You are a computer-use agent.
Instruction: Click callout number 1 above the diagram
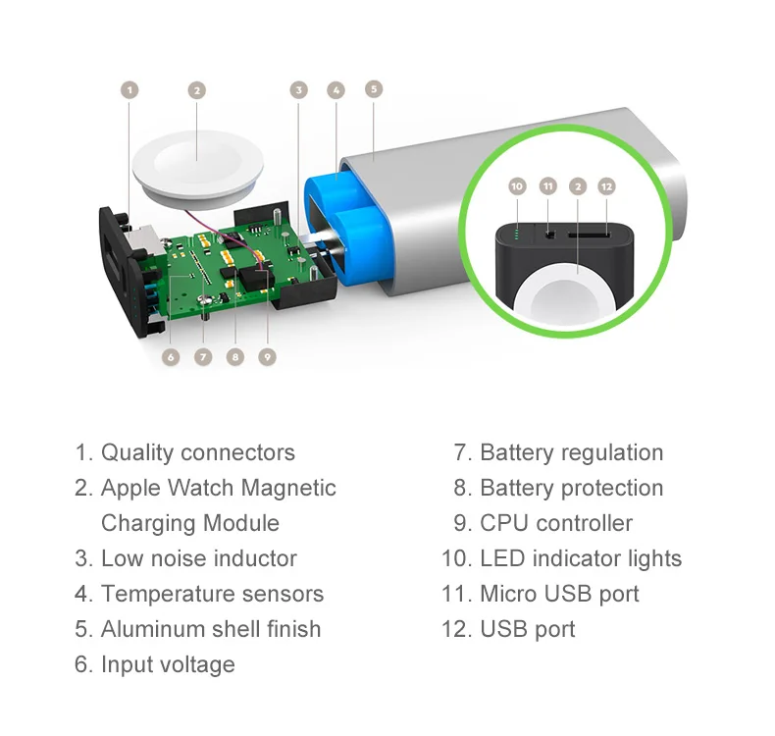tap(129, 90)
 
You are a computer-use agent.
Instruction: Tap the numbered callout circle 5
tap(373, 88)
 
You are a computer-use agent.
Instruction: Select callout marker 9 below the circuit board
tap(268, 357)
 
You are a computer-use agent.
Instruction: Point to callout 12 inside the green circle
tap(606, 185)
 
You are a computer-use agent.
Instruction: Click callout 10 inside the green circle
tap(518, 185)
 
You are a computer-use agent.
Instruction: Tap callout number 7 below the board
tap(203, 357)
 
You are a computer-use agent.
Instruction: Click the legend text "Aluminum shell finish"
tap(211, 629)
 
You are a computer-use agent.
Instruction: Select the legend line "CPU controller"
tap(556, 523)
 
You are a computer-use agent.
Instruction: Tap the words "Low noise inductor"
tap(198, 558)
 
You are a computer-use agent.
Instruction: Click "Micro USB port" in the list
tap(559, 594)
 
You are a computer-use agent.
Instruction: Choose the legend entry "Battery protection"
tap(571, 488)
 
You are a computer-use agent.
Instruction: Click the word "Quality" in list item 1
tap(137, 452)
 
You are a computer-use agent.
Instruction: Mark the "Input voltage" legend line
tap(168, 664)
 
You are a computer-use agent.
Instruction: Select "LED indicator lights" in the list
tap(580, 558)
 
